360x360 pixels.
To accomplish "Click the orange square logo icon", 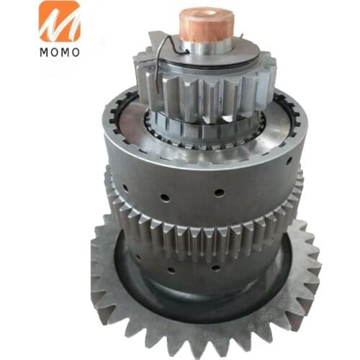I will click(60, 22).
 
